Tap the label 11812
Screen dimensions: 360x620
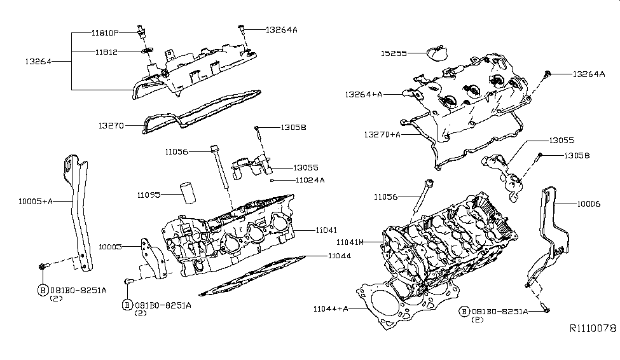pos(106,52)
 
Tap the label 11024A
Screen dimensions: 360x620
pos(310,180)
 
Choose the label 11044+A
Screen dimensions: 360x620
pos(331,308)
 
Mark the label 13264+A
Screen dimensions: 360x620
pos(364,94)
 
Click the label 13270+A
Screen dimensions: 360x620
pos(382,135)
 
